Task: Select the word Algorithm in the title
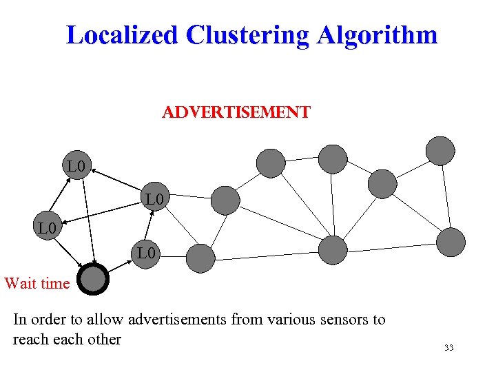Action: (377, 34)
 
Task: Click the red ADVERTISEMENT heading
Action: (236, 112)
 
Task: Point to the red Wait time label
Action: (37, 283)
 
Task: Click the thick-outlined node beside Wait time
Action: (93, 280)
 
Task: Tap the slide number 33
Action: (448, 348)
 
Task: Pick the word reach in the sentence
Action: (30, 339)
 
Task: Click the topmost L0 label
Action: (76, 166)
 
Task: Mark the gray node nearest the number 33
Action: (451, 242)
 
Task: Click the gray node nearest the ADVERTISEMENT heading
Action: (271, 163)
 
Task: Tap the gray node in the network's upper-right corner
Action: (440, 151)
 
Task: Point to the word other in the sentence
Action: (104, 339)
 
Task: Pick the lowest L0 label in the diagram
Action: (147, 254)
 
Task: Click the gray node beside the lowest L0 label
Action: (201, 258)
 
